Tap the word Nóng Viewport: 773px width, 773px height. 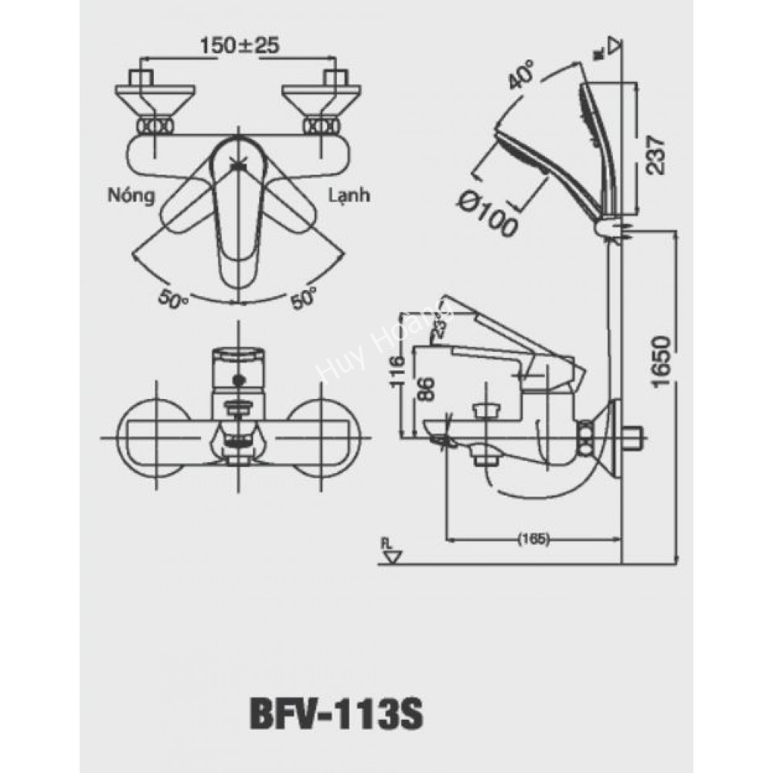(131, 196)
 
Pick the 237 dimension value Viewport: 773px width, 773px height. (655, 155)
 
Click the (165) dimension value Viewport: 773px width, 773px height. (532, 540)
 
